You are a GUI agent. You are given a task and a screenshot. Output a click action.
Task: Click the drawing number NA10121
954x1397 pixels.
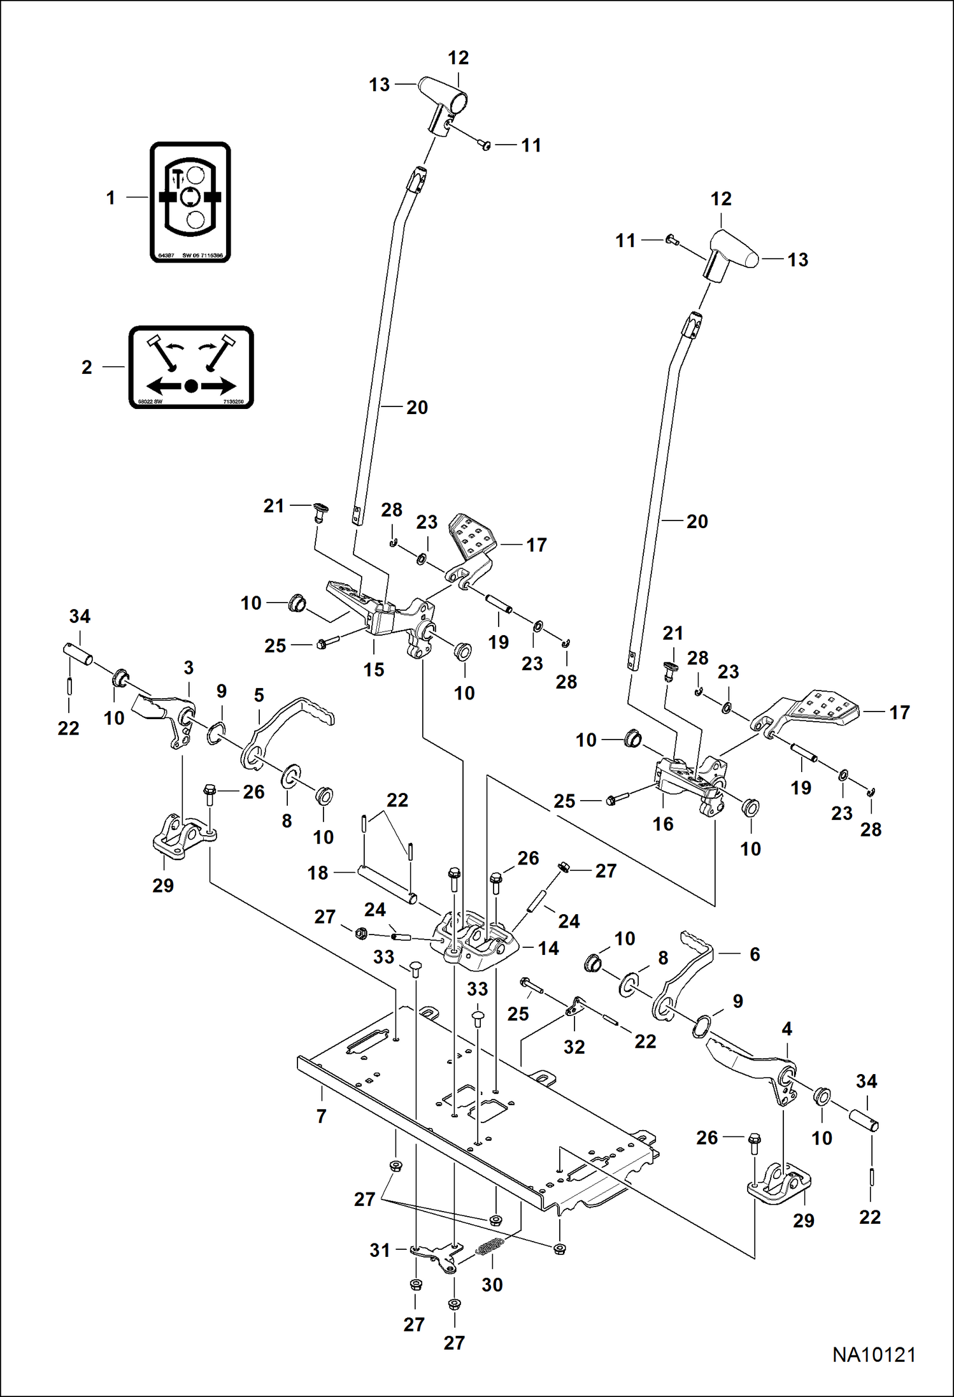(874, 1354)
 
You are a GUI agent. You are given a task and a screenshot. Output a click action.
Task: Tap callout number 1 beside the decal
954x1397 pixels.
(111, 198)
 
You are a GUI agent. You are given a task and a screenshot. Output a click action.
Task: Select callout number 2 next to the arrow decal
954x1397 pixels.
(87, 368)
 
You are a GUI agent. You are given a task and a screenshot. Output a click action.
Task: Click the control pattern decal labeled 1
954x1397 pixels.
(190, 202)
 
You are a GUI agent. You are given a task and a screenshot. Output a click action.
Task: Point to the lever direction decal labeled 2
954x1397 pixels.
(191, 367)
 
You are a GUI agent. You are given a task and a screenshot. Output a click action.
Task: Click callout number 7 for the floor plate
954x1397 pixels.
(322, 1116)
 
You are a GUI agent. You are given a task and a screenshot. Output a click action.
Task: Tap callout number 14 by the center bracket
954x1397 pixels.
(548, 949)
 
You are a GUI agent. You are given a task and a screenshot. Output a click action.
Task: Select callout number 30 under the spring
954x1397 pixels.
(492, 1285)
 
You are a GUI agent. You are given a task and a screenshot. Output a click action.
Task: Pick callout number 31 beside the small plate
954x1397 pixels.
(380, 1250)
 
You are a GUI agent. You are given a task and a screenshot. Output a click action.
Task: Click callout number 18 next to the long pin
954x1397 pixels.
(318, 873)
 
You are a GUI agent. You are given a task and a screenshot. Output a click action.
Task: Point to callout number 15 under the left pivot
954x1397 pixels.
(374, 670)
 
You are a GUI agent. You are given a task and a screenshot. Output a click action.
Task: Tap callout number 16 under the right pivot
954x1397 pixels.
(663, 824)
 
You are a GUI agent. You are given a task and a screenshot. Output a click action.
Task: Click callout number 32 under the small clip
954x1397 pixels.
(574, 1047)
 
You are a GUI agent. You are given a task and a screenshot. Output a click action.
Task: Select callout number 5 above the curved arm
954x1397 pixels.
(259, 695)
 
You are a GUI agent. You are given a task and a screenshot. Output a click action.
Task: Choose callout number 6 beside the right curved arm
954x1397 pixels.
(755, 954)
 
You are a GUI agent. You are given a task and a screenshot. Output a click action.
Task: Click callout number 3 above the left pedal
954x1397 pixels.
(189, 668)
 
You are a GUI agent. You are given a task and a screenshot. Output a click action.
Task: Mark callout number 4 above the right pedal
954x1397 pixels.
(787, 1029)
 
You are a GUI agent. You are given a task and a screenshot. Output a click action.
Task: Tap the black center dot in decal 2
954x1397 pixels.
(192, 386)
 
